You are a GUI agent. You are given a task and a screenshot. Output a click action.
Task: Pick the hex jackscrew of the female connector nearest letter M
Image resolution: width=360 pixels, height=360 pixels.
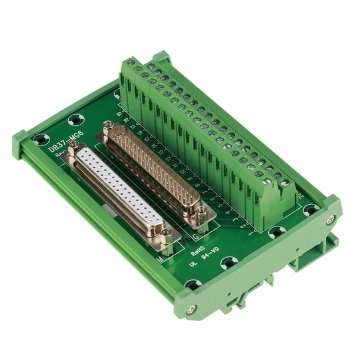coord(166,234)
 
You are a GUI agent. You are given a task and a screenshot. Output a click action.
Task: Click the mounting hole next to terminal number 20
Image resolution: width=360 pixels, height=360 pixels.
coord(310,209)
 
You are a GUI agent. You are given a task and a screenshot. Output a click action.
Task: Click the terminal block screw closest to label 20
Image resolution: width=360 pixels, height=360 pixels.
coord(285,183)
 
